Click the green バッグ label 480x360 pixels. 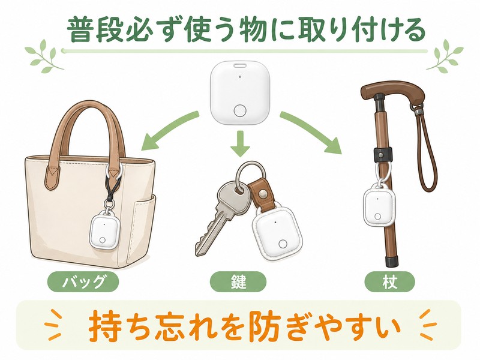click(x=83, y=281)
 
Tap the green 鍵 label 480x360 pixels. click(x=238, y=281)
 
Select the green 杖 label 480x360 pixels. click(x=389, y=281)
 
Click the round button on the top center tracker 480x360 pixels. click(x=239, y=111)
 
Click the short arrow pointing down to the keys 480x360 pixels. click(x=240, y=143)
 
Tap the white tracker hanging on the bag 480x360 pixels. click(x=103, y=230)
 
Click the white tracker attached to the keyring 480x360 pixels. click(x=277, y=234)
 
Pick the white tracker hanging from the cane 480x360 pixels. click(x=379, y=205)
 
